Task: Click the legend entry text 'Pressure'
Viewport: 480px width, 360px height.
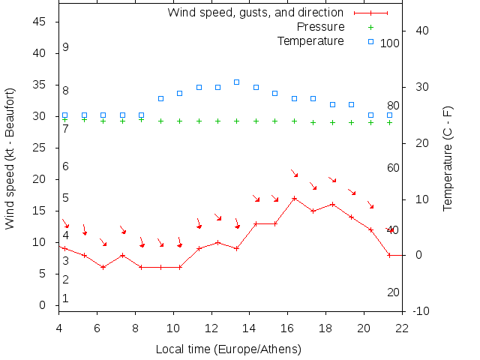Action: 319,27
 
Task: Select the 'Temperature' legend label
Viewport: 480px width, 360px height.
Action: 310,41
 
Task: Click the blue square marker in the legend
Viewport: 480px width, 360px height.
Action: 370,41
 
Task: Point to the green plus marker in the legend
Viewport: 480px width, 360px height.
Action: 370,27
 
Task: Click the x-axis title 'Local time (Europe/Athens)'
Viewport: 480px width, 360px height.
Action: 228,349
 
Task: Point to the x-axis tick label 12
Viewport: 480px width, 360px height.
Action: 211,327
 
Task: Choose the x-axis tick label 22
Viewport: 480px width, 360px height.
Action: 402,327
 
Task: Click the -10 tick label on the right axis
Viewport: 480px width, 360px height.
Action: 421,311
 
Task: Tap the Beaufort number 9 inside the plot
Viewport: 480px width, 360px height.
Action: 66,47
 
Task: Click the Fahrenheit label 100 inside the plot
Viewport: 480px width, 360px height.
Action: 390,43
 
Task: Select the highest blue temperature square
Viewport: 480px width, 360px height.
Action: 236,82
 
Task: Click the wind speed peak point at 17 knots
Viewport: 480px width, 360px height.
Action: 294,198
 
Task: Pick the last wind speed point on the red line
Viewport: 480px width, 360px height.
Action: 389,255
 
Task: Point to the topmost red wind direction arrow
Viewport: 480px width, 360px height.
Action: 295,173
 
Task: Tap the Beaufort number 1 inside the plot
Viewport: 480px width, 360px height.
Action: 66,298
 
